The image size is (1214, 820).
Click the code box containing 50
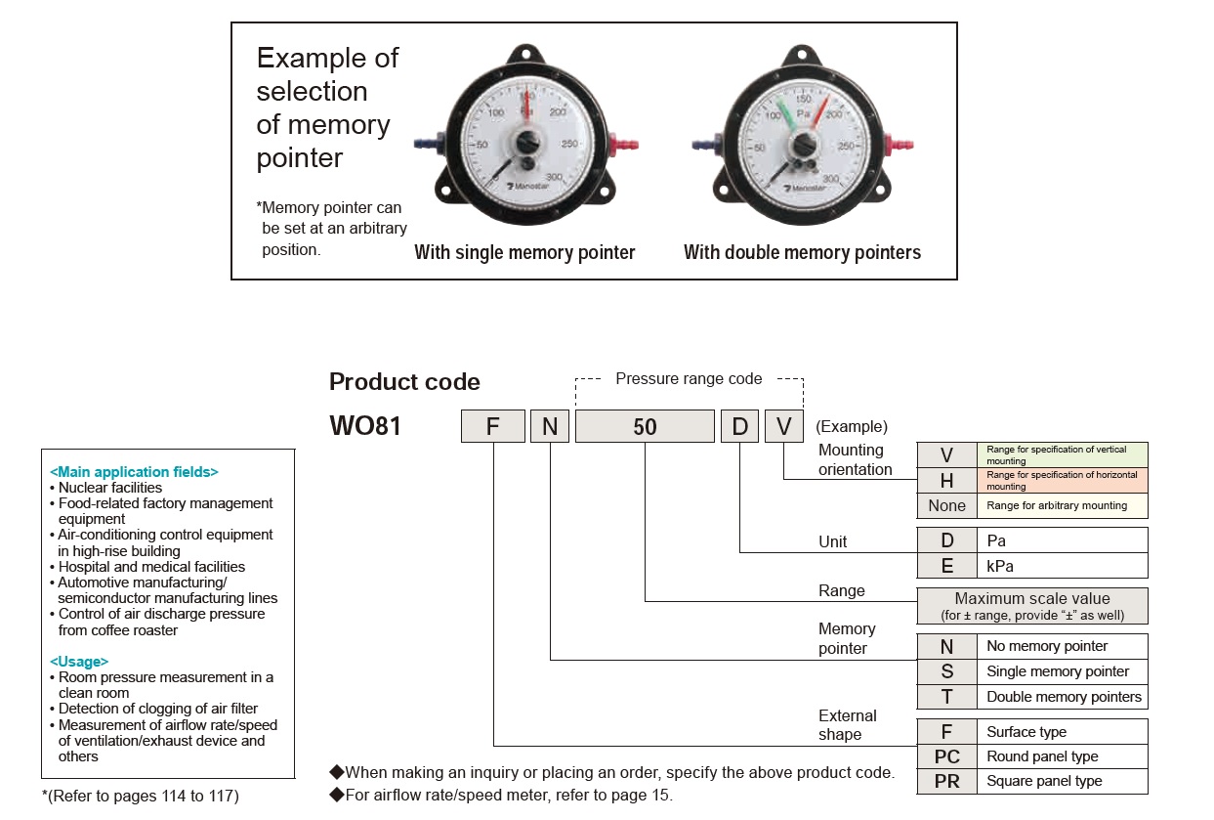tap(645, 427)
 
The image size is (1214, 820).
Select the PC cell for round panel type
tap(946, 756)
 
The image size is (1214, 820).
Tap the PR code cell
tap(946, 781)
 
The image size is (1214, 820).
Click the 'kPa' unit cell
tap(1062, 566)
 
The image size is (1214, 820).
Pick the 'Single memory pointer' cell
tap(1062, 671)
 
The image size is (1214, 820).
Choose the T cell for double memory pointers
tap(946, 697)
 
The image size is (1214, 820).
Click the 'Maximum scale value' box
tap(1031, 606)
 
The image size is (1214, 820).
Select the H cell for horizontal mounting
tap(946, 480)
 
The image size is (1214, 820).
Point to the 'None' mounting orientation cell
tap(946, 505)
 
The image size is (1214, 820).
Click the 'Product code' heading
tap(404, 382)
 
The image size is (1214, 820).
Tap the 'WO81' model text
tap(365, 427)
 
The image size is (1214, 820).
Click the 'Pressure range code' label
tap(689, 379)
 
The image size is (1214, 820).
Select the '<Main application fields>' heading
tap(134, 472)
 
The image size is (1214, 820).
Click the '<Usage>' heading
tap(79, 662)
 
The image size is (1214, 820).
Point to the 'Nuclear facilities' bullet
tap(110, 488)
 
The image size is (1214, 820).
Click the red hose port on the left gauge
tap(622, 146)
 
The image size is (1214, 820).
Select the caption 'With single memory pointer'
tap(524, 253)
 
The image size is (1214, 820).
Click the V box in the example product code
tap(783, 427)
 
